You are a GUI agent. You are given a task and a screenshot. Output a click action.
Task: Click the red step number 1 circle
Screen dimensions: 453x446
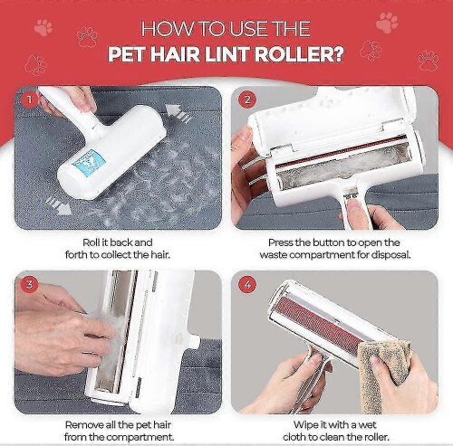(30, 100)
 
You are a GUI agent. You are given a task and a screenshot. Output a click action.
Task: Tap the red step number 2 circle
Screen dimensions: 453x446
(247, 100)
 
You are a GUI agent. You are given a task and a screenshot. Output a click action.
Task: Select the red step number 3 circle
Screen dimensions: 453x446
(30, 284)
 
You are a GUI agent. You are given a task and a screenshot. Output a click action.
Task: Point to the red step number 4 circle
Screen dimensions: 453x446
(247, 285)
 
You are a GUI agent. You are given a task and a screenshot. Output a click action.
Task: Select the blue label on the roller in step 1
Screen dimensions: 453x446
(90, 160)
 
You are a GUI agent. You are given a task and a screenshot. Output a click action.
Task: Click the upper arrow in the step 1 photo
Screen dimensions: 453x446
(178, 113)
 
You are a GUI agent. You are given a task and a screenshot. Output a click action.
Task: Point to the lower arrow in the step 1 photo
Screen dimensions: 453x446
(58, 206)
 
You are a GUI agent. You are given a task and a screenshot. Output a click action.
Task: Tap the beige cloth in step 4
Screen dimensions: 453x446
(383, 373)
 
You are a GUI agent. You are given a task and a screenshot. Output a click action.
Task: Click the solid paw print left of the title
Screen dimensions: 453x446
(43, 27)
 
